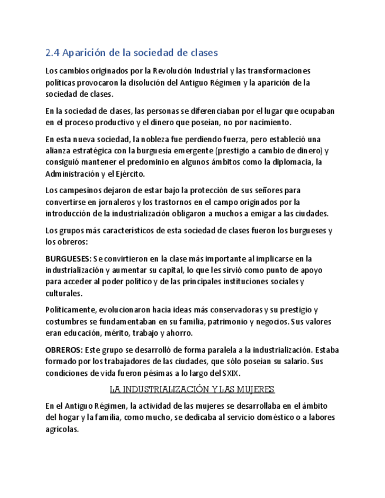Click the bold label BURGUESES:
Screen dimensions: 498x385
tap(68, 259)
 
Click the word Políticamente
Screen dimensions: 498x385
tap(71, 310)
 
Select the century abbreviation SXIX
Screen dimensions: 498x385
tap(230, 373)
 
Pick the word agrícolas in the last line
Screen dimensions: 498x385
tap(61, 429)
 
